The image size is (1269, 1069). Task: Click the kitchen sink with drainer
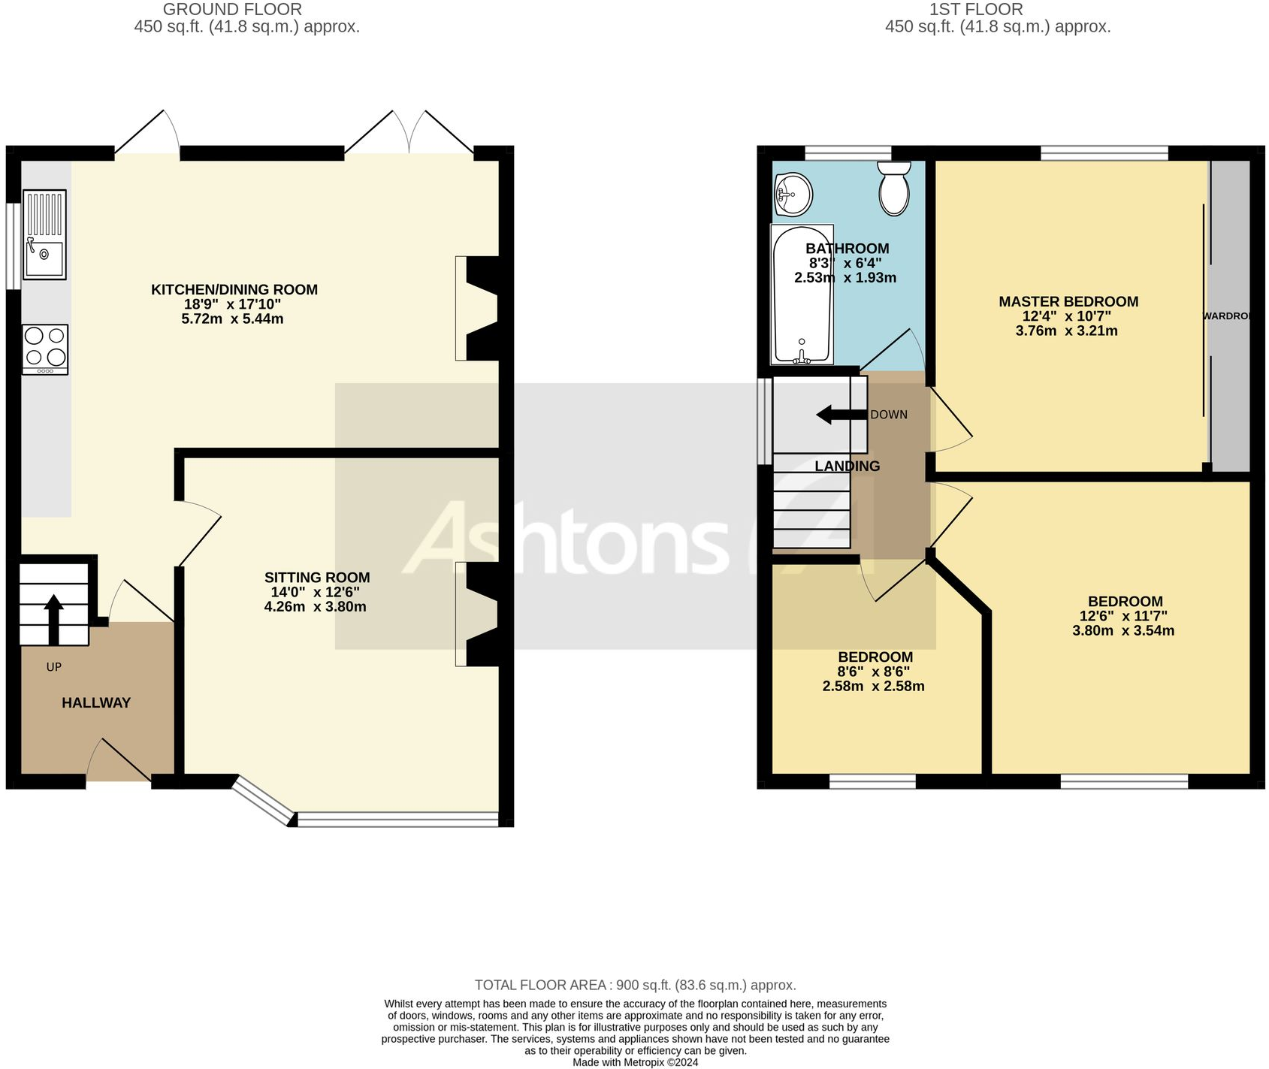[x=44, y=234]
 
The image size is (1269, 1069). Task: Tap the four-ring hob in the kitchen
[x=45, y=349]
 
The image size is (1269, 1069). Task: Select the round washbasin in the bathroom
[x=793, y=194]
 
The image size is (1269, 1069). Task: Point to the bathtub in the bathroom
[x=802, y=295]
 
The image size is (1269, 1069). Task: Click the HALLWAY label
[x=96, y=703]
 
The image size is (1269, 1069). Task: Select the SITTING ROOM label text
[x=317, y=578]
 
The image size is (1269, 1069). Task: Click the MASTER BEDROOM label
[x=1068, y=302]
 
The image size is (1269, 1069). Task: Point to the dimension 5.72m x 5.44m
[x=232, y=319]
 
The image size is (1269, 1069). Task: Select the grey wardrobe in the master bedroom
[x=1230, y=316]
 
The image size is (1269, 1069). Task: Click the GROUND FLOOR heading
[x=232, y=10]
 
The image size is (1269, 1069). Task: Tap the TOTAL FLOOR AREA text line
[x=635, y=985]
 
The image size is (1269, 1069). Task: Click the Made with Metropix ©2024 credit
[x=635, y=1062]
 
